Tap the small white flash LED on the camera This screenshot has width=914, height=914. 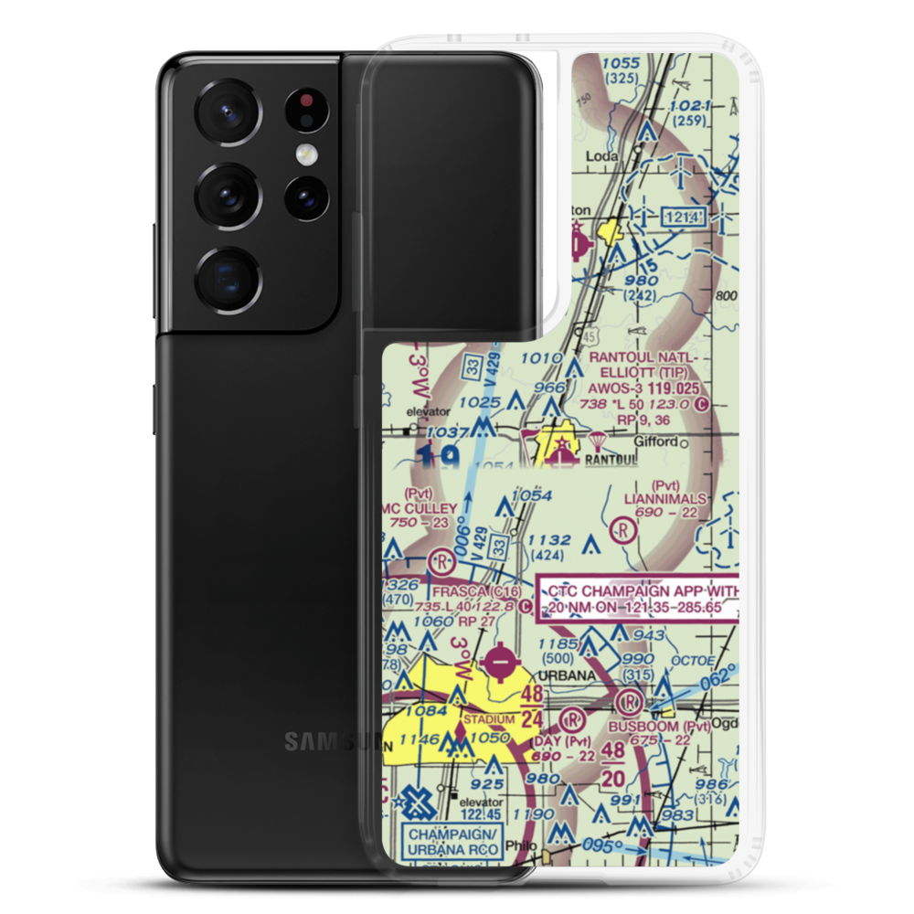pos(302,153)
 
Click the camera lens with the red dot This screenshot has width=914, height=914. pos(305,109)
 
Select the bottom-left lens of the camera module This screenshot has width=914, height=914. pos(228,276)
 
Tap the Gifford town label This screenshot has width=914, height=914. pos(654,441)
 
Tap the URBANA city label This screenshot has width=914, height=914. pos(557,675)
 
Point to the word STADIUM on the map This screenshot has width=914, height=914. pos(490,719)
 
